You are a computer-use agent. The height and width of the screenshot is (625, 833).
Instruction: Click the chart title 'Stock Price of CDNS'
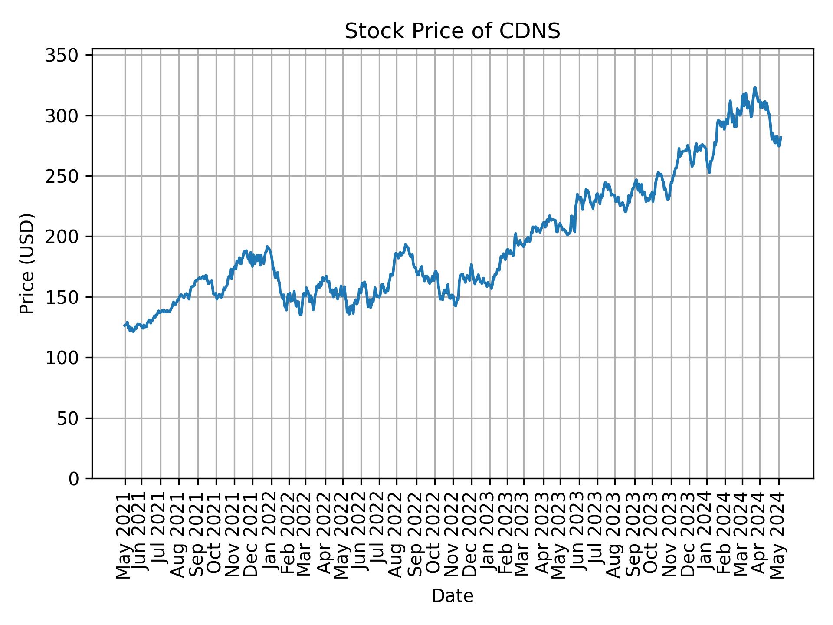click(452, 32)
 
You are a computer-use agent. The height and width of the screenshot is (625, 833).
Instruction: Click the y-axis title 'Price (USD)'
click(27, 263)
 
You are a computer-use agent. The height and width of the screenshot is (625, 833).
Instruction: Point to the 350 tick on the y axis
click(68, 56)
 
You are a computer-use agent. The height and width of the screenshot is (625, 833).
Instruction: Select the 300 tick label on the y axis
click(68, 116)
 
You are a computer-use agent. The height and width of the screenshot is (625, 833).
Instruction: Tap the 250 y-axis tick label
click(68, 176)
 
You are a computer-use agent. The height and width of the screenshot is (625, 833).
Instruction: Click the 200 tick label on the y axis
click(68, 237)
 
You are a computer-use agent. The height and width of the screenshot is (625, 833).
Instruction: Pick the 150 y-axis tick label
click(68, 297)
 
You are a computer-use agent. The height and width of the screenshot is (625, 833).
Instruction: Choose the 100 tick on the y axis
click(68, 358)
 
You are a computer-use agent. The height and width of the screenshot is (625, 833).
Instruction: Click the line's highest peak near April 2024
click(755, 88)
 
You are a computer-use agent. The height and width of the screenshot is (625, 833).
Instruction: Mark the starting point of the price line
click(124, 326)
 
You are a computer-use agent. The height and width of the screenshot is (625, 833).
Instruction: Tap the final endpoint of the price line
click(781, 137)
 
